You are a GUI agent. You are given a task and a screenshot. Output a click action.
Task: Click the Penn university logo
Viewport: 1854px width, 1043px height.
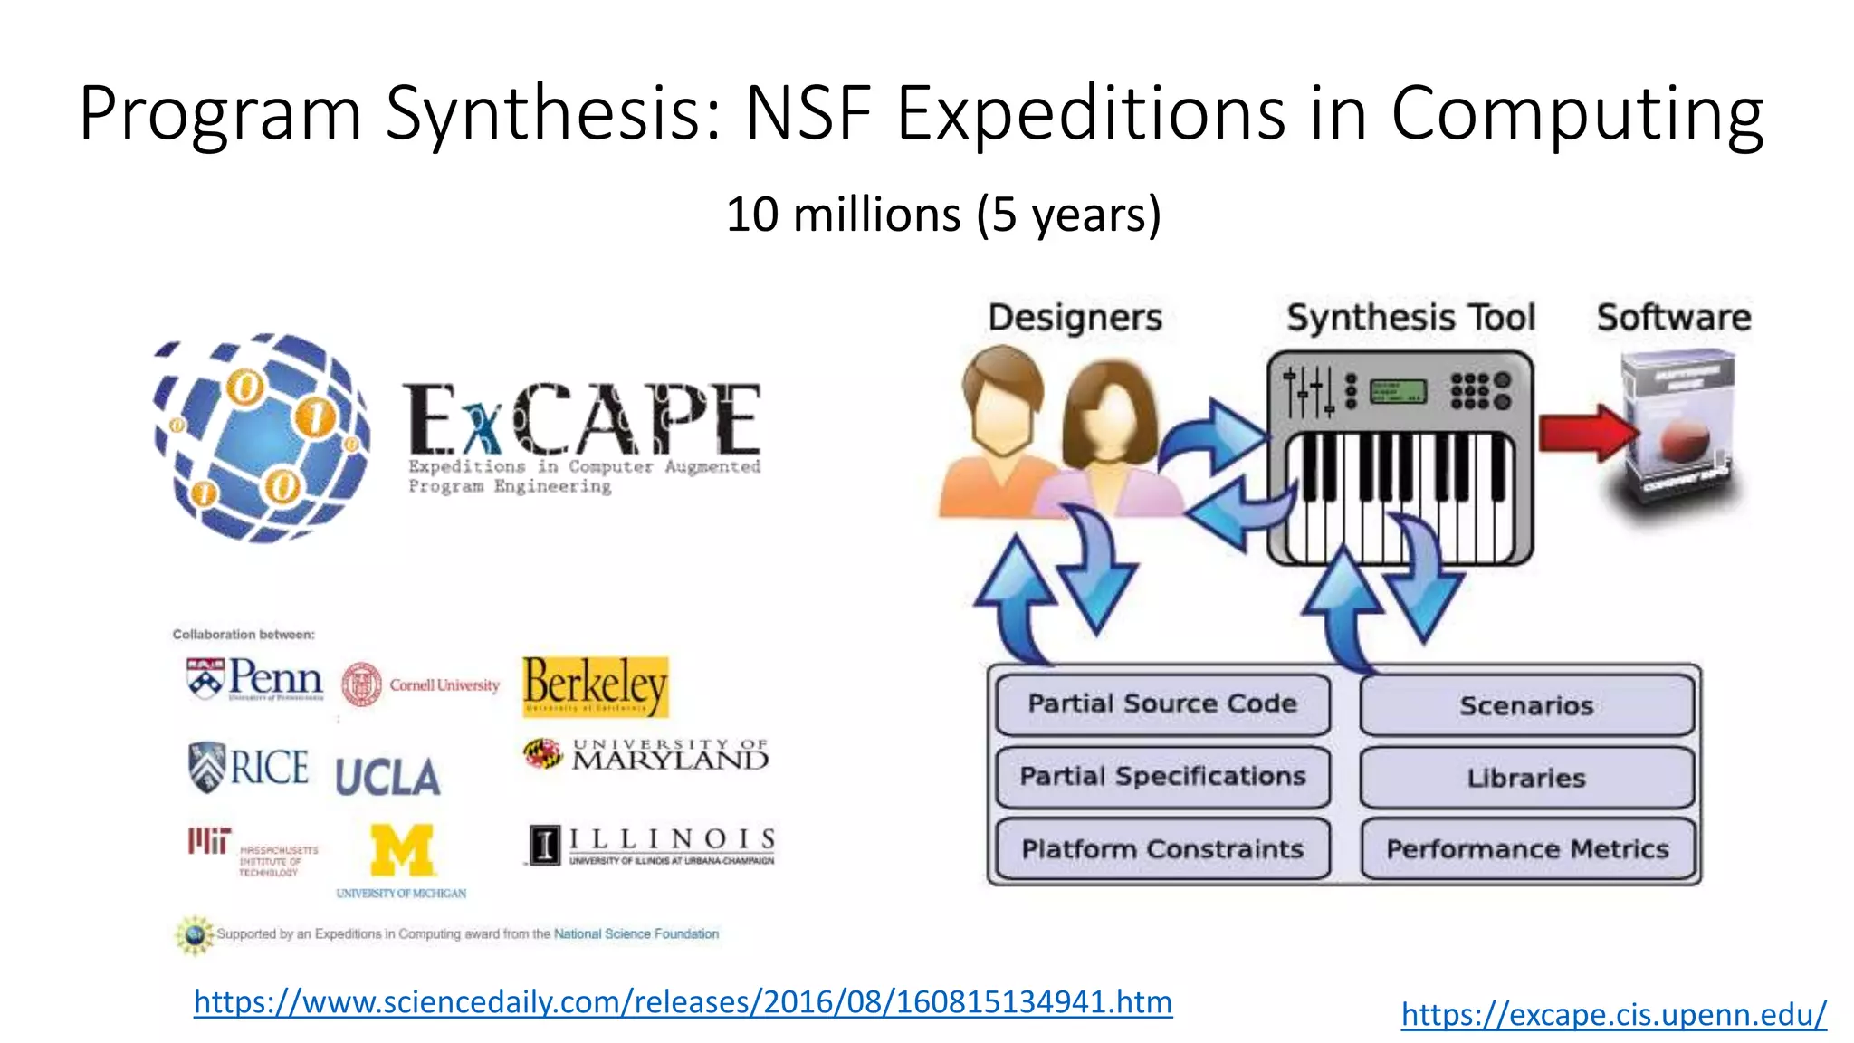tap(254, 679)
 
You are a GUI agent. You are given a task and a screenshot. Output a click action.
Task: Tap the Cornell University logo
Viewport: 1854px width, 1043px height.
tap(421, 685)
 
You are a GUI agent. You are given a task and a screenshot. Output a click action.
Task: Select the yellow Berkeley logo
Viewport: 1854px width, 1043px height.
tap(596, 686)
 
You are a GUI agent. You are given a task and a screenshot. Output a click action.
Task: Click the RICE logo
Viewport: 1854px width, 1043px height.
tap(249, 768)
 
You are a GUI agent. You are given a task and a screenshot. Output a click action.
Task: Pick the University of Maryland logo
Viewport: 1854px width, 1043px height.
tap(646, 754)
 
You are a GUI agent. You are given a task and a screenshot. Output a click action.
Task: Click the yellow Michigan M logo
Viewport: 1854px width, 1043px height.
tap(402, 851)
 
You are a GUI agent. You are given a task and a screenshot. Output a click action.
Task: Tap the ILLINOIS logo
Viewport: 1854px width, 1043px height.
tap(651, 846)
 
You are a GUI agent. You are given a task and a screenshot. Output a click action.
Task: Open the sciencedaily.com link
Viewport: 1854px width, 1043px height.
tap(683, 1002)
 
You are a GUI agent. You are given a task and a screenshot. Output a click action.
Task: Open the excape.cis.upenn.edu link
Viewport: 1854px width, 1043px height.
tap(1613, 1014)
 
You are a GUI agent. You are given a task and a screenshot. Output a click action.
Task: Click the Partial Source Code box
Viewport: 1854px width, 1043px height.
tap(1162, 704)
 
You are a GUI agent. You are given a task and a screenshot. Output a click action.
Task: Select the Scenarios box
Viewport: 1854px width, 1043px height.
tap(1526, 705)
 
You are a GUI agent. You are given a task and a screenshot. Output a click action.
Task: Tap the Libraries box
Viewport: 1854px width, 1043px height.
tap(1526, 778)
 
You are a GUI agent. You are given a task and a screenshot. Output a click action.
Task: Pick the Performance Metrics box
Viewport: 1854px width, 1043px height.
tap(1527, 849)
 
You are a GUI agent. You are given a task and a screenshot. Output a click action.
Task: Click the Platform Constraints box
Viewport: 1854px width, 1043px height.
tap(1162, 849)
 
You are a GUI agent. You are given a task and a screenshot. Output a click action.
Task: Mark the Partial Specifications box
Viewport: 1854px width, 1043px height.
tap(1162, 777)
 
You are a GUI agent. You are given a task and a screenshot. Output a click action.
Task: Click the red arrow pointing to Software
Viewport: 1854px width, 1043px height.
tap(1587, 433)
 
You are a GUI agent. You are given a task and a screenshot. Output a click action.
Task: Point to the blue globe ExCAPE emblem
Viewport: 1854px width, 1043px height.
tap(262, 437)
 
